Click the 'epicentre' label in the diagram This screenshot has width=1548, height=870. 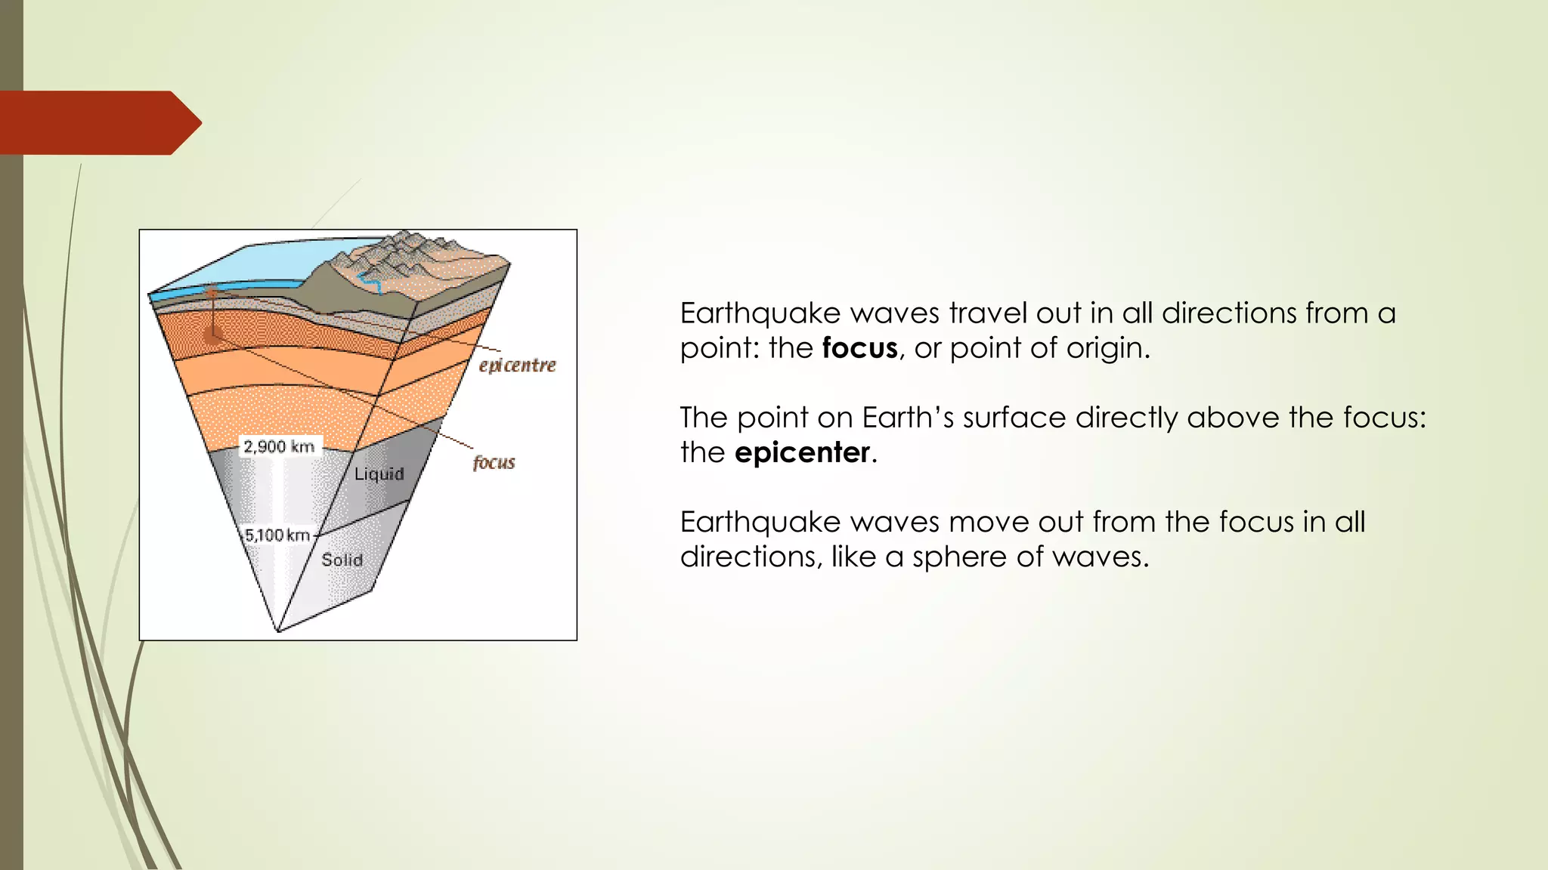pyautogui.click(x=517, y=366)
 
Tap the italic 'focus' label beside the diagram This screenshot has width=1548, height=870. pyautogui.click(x=494, y=462)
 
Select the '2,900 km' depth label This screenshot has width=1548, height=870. pyautogui.click(x=279, y=446)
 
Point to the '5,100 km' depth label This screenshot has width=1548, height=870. pyautogui.click(x=277, y=535)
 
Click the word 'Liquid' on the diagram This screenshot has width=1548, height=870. pyautogui.click(x=379, y=474)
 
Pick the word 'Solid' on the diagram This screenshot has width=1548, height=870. pyautogui.click(x=342, y=560)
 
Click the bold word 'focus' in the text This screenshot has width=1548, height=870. pyautogui.click(x=859, y=348)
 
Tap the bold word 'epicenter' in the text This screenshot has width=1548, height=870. pyautogui.click(x=802, y=452)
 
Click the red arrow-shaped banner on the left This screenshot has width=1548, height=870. pyautogui.click(x=98, y=123)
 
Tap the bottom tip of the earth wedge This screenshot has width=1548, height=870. pyautogui.click(x=279, y=630)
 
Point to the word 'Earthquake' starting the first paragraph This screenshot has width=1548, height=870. pyautogui.click(x=760, y=313)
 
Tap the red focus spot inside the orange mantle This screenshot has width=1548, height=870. pyautogui.click(x=213, y=336)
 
